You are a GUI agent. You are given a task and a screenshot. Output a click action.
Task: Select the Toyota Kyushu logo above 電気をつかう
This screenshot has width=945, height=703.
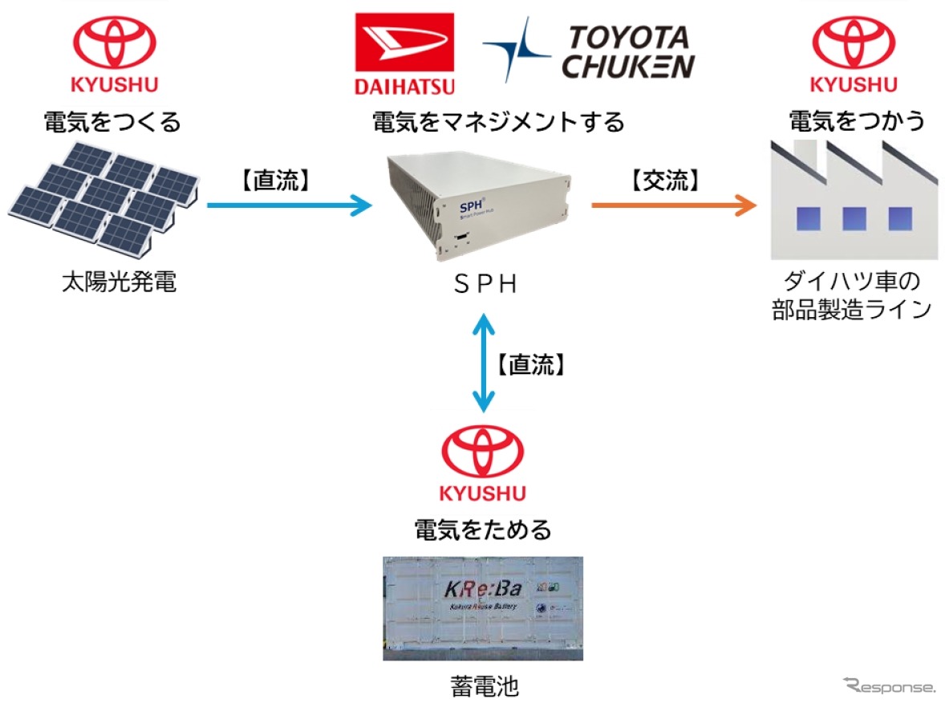click(854, 54)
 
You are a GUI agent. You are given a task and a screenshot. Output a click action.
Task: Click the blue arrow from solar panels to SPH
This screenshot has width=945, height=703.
click(289, 206)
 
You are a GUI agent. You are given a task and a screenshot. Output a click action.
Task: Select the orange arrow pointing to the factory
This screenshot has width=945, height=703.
click(674, 206)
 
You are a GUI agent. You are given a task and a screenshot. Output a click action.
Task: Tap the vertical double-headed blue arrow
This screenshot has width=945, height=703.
click(482, 364)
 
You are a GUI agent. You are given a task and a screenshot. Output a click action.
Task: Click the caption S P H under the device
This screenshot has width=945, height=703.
click(484, 284)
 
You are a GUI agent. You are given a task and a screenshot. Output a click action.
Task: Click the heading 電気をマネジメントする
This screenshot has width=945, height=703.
click(497, 123)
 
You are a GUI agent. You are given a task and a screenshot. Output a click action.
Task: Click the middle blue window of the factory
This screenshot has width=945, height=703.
click(854, 218)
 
